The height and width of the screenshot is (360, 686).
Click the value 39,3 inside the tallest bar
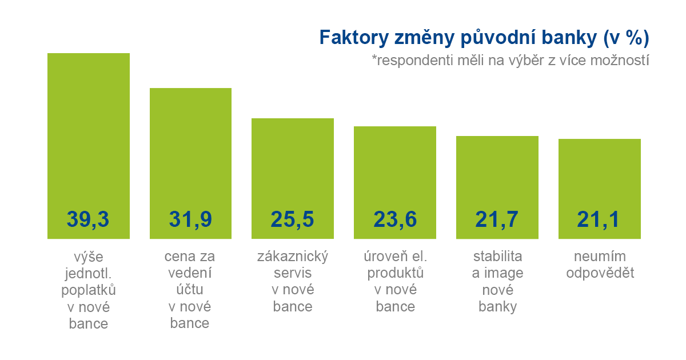coord(88,219)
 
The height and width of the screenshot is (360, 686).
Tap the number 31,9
coord(190,219)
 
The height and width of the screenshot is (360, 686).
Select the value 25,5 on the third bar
coord(293,219)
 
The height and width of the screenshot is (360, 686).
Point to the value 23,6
coord(395,219)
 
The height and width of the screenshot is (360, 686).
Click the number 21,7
coord(497,219)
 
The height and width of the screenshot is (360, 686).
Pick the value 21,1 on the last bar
coord(599,219)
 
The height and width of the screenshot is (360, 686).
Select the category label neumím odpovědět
coord(600,264)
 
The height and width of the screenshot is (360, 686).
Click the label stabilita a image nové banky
coord(497,281)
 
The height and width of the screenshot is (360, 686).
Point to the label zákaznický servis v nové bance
coord(293,281)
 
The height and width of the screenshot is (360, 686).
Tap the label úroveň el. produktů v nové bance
coord(396,281)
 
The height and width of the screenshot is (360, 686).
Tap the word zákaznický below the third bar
coord(293,255)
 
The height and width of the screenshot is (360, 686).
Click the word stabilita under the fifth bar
coord(497,255)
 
